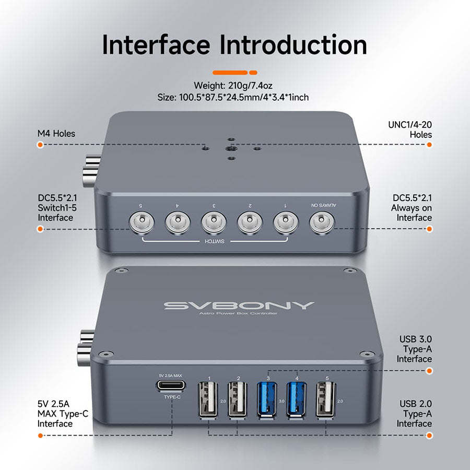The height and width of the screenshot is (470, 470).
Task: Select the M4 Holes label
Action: [56, 134]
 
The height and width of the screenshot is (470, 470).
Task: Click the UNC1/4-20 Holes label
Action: [409, 130]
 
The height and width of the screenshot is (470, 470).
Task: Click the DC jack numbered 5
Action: [140, 224]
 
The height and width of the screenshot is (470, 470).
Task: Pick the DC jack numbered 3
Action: [213, 224]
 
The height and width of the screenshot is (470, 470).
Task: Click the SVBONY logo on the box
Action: [239, 305]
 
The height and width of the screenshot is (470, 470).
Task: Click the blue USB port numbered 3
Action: [267, 401]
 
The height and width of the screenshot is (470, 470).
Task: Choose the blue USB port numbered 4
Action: [297, 401]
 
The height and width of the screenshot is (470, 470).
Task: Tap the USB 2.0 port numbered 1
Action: [208, 401]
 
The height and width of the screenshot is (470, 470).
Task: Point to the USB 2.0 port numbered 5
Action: [326, 401]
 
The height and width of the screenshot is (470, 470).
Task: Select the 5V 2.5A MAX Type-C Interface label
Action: [55, 414]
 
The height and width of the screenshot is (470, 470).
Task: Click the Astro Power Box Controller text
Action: [238, 313]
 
